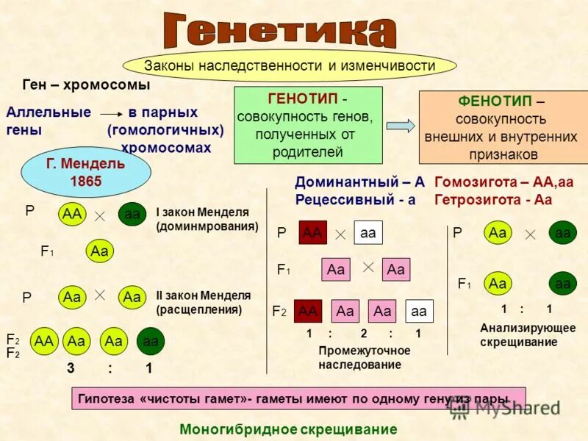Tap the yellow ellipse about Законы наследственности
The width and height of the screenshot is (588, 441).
coord(289,65)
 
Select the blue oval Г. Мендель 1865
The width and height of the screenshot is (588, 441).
coord(87,172)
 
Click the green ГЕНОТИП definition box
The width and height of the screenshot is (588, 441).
coord(308,125)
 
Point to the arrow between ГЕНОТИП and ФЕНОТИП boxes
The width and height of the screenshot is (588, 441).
coord(401,126)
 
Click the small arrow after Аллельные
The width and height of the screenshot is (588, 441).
coord(110,114)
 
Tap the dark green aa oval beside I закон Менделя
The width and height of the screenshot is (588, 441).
coord(132,214)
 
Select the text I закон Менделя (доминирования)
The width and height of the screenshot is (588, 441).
coord(207,219)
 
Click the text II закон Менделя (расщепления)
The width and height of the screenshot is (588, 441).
coord(203,302)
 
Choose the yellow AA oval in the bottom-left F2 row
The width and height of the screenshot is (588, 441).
coord(44,340)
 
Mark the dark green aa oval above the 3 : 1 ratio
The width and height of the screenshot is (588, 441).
coord(151,340)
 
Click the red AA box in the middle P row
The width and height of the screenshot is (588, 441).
coord(313,232)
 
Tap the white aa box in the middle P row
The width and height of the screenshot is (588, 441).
coord(368,232)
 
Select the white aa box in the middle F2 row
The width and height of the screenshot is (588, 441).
coord(419,311)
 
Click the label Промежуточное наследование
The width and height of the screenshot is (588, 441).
coord(364,357)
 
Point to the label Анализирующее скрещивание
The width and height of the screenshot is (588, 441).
coord(528,334)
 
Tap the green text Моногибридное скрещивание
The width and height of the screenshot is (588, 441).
coord(288,429)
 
